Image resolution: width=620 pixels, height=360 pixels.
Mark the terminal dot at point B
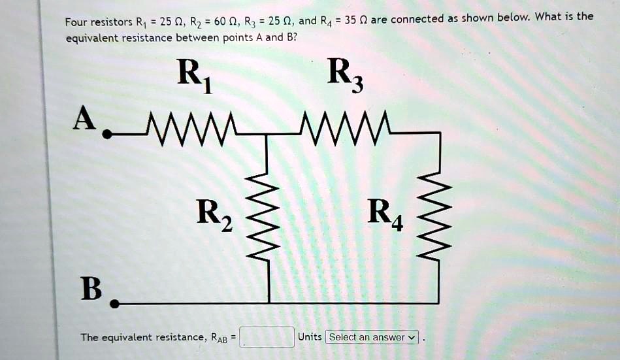tap(115, 304)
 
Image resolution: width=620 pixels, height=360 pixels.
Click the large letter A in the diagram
tap(85, 119)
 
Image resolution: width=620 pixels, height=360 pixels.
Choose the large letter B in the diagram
tap(91, 288)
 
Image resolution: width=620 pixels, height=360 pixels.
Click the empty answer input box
tap(267, 337)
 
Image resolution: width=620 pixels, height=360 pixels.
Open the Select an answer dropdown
tap(372, 337)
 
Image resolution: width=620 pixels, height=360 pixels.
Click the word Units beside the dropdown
tap(310, 337)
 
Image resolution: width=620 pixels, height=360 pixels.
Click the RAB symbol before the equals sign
tap(219, 338)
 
